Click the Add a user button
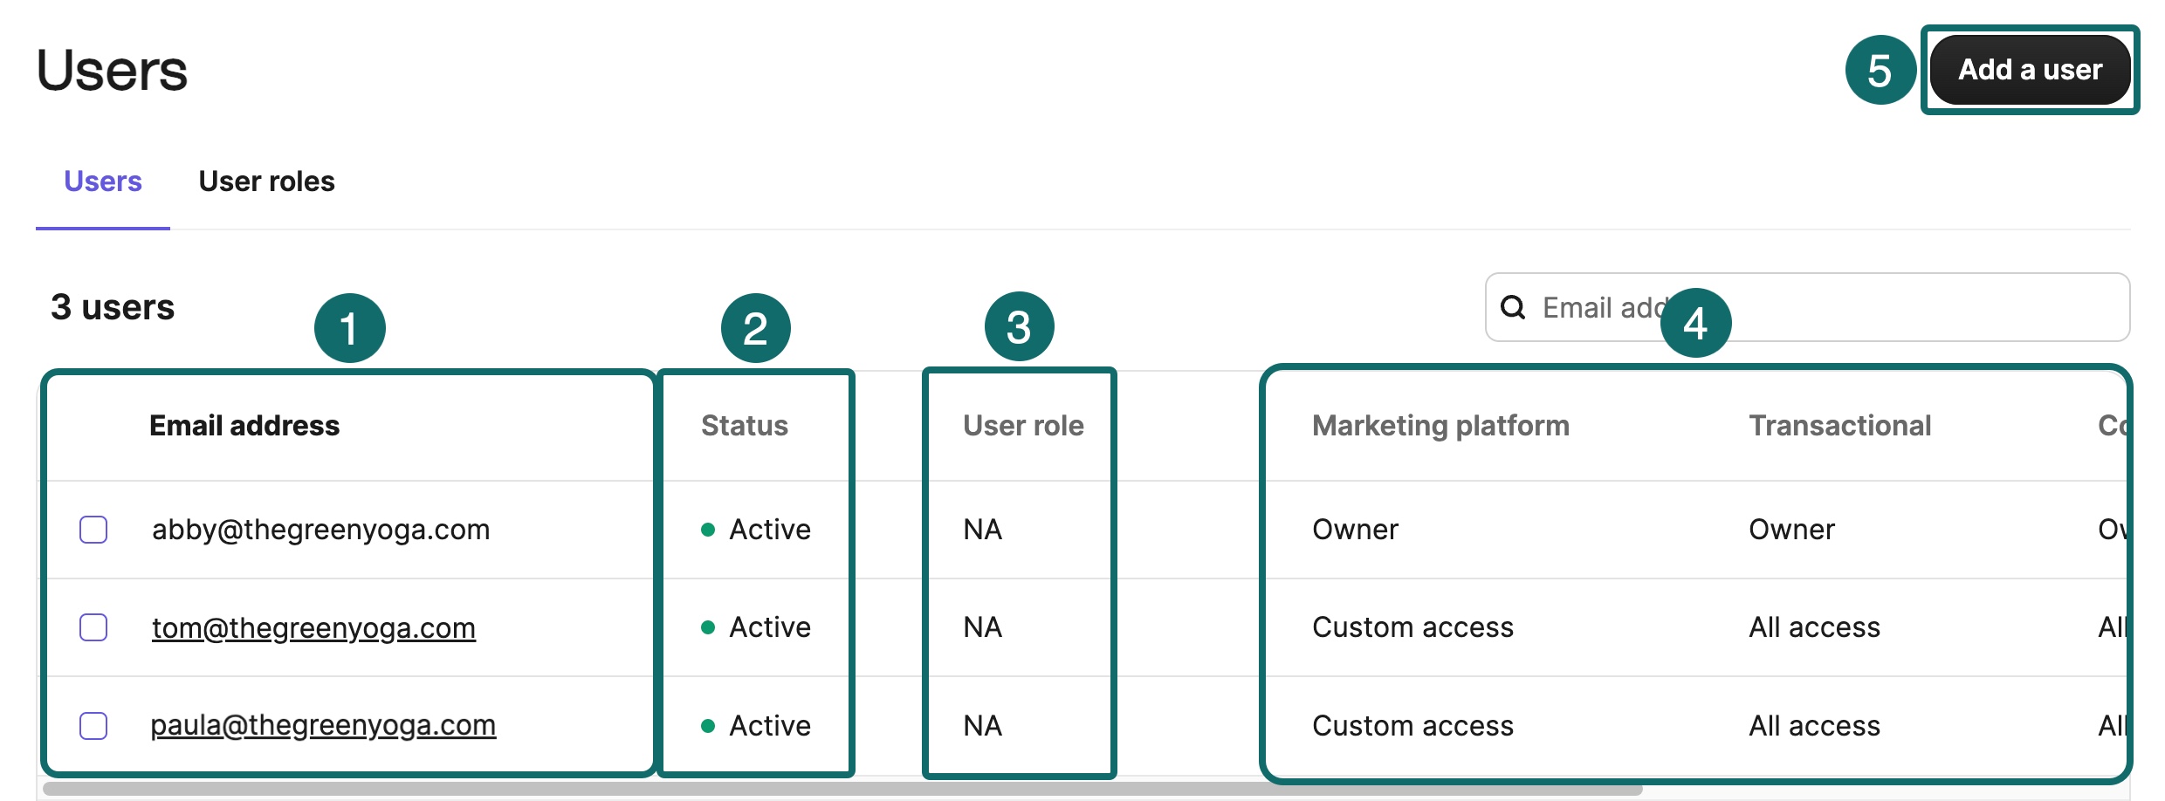tap(2030, 70)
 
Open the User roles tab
tap(266, 181)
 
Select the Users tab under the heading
tap(103, 181)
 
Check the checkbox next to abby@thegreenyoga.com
tap(93, 530)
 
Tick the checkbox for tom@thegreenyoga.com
tap(93, 627)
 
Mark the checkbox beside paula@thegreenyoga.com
tap(93, 726)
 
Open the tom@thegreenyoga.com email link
tap(313, 627)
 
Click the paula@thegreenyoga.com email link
tap(323, 726)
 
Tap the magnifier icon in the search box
tap(1513, 307)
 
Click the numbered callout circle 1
tap(349, 328)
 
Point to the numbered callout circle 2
tap(755, 328)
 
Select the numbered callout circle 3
tap(1019, 327)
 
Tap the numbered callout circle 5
tap(1880, 70)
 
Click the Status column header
tap(744, 426)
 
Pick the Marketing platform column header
tap(1440, 426)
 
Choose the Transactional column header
tap(1839, 426)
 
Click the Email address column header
tap(244, 426)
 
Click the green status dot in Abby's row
tap(708, 530)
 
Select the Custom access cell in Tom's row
tap(1412, 627)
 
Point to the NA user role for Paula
tap(982, 726)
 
